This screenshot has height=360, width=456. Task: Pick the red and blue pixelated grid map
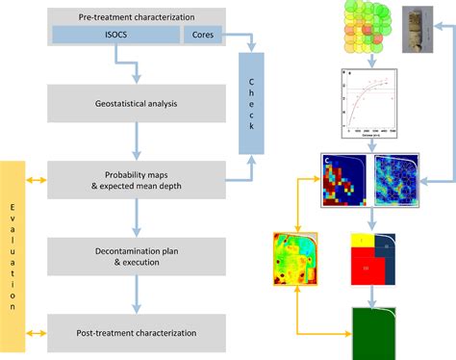[x=346, y=182]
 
